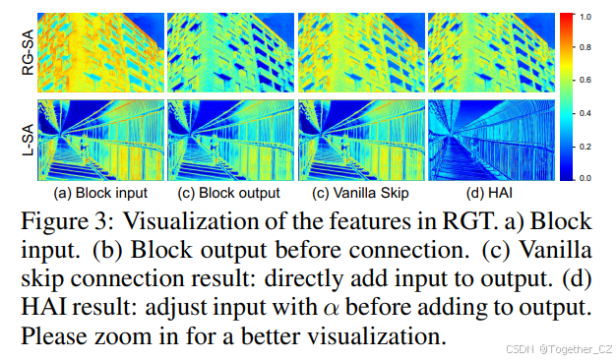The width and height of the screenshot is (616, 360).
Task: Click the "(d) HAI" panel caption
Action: coord(490,192)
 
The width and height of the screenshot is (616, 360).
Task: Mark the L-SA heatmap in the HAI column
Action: coord(490,137)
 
